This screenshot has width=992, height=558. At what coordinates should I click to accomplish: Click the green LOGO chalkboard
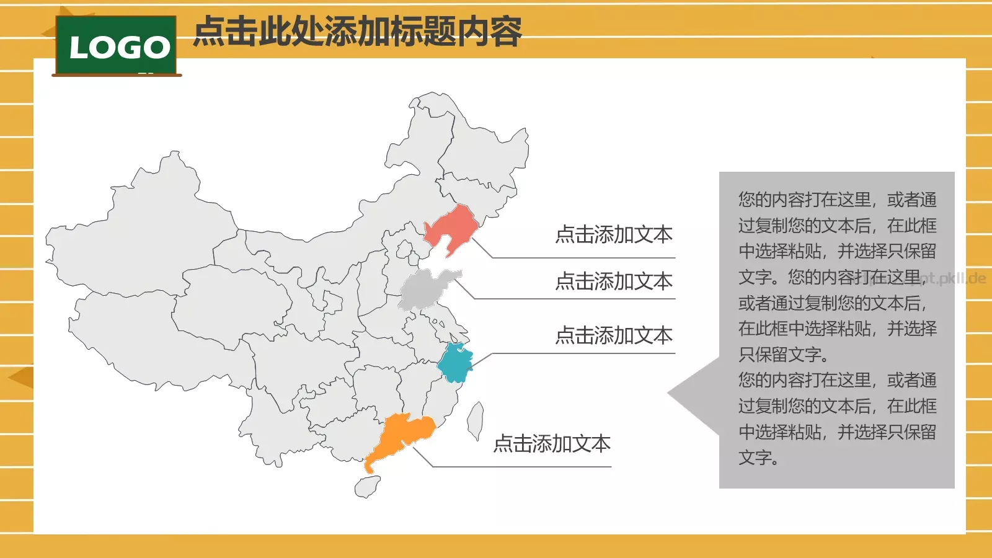[117, 46]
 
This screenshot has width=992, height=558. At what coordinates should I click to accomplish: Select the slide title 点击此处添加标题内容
[358, 32]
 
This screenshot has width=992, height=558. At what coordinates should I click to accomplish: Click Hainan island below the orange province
[367, 486]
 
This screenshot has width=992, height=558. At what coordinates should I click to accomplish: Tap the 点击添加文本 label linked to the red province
[614, 234]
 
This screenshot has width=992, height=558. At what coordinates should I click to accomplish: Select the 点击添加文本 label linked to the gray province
[614, 281]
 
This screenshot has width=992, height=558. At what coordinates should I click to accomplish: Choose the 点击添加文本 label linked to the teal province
[614, 335]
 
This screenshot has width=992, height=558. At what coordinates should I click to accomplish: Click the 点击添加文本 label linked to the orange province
[552, 443]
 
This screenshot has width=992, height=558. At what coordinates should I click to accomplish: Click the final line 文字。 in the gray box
[758, 458]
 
